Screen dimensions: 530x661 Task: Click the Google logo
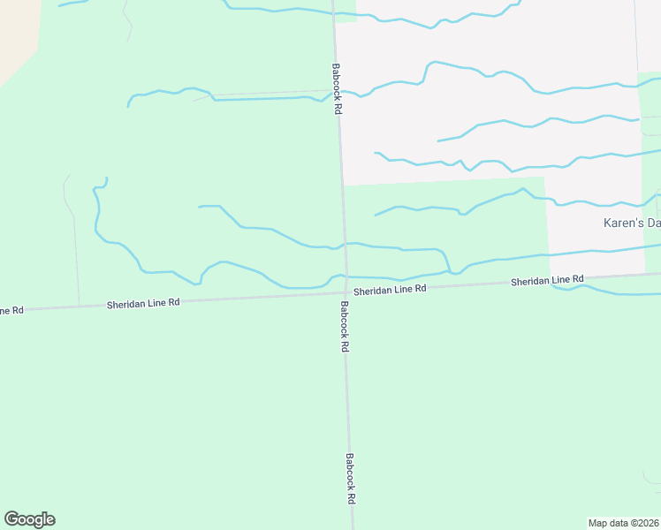[x=29, y=519]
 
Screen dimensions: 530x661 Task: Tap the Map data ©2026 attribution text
[x=622, y=522]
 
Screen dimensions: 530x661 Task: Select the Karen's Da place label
[x=631, y=223]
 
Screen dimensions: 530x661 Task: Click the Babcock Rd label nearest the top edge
[x=337, y=89]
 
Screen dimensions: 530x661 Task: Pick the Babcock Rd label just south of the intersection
[x=344, y=328]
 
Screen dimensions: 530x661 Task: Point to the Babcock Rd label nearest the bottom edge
[x=351, y=479]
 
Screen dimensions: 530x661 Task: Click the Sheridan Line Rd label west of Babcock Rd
[x=143, y=302]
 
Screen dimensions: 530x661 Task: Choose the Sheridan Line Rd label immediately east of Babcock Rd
[x=390, y=289]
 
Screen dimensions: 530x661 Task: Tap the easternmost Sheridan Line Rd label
[x=547, y=280]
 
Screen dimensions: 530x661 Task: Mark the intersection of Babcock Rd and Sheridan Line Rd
[x=346, y=292]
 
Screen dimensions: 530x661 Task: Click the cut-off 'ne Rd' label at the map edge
[x=11, y=310]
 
